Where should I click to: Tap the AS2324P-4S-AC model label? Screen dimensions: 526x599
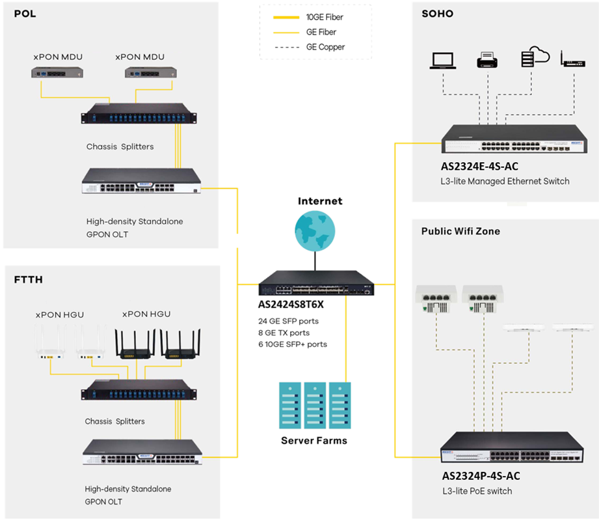pos(481,476)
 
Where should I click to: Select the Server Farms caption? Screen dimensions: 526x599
pos(313,441)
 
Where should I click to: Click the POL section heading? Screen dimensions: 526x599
pos(25,14)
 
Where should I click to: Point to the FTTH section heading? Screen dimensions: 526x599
pos(28,281)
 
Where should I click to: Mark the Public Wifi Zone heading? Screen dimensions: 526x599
pos(460,231)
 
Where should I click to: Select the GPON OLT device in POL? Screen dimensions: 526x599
pos(141,181)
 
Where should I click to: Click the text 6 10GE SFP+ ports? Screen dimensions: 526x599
pos(293,344)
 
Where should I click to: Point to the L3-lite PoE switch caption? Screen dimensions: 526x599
pos(477,491)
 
